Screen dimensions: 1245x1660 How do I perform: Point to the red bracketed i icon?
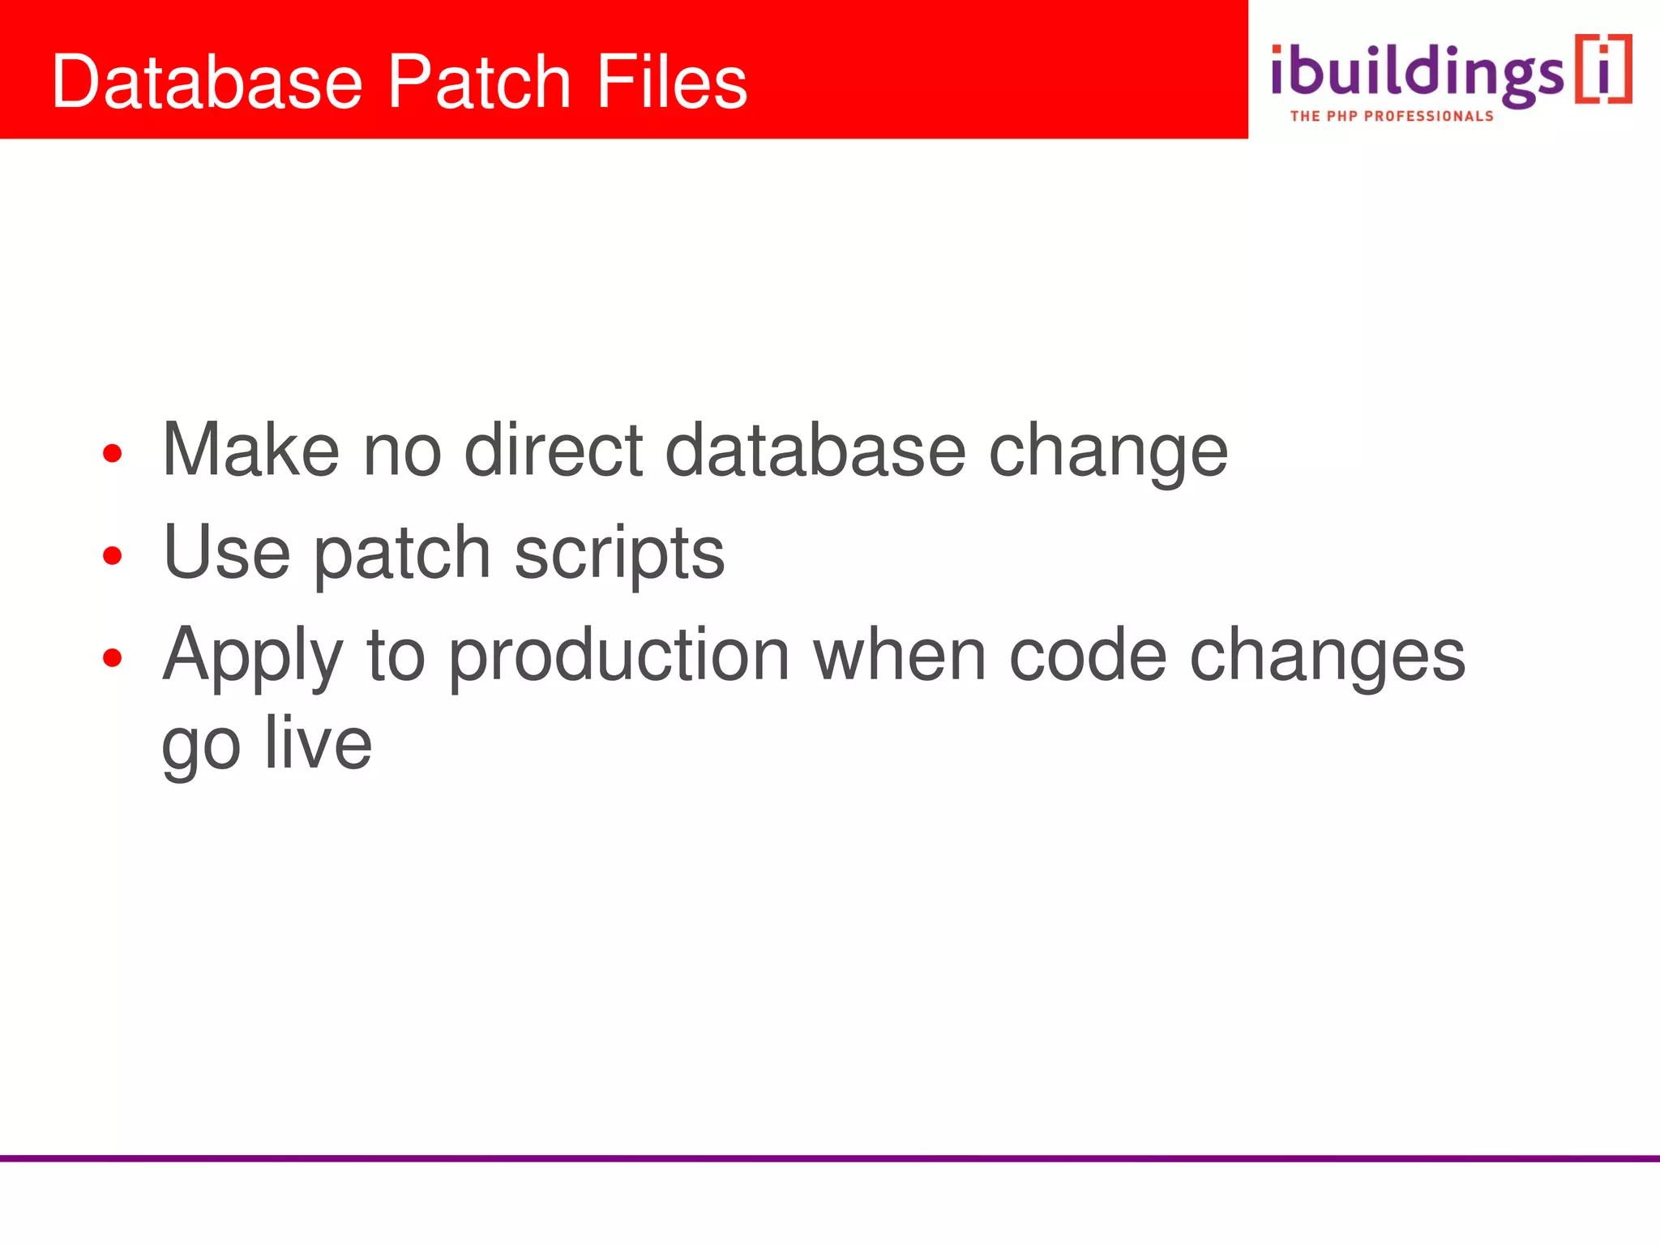(1602, 69)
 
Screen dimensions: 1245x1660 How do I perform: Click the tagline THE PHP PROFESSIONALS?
(1391, 117)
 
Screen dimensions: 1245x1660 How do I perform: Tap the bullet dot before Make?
(112, 454)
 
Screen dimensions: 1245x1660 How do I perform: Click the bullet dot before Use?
(112, 556)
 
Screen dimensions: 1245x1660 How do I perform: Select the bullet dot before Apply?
(112, 658)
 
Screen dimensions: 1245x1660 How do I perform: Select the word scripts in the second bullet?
(619, 555)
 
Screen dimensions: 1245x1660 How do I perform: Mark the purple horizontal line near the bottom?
(830, 1158)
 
